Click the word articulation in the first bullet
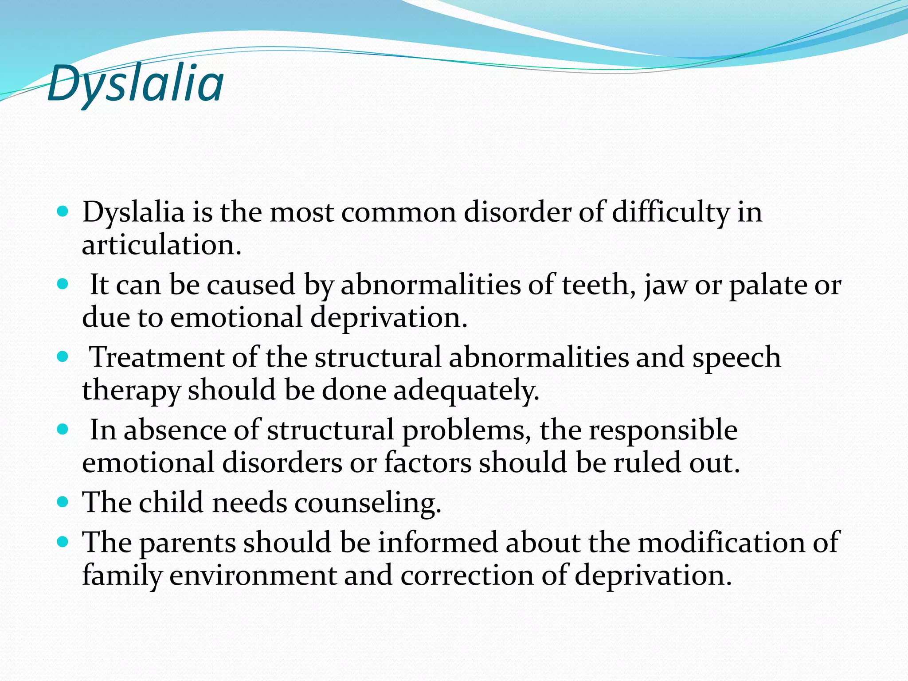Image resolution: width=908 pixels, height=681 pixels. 161,245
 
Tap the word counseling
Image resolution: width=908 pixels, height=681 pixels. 368,503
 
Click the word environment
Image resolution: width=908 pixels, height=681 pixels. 253,575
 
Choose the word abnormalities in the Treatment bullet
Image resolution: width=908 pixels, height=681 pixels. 538,357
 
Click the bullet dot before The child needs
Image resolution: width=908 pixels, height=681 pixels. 63,502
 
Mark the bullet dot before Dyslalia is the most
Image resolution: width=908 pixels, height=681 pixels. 63,211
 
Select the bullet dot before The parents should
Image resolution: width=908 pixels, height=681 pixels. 63,541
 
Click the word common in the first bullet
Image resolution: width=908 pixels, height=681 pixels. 399,212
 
